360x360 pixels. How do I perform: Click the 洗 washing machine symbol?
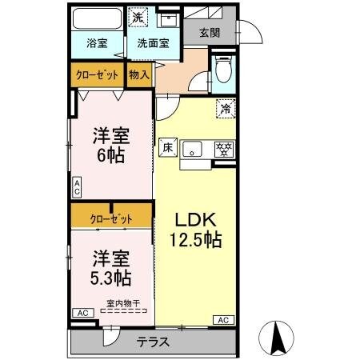[x=138, y=17]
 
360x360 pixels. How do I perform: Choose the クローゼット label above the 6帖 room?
[x=98, y=74]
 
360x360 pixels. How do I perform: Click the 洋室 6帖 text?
[x=111, y=145]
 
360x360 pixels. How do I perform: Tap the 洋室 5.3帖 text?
[x=110, y=267]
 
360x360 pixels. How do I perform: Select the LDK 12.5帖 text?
[x=194, y=228]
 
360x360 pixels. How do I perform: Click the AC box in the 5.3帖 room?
[x=82, y=314]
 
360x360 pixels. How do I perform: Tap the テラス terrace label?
[x=153, y=341]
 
